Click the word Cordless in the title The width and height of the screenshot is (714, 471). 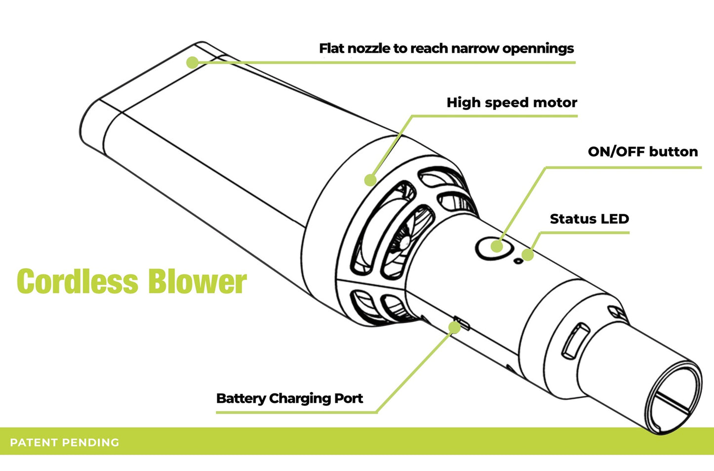click(77, 282)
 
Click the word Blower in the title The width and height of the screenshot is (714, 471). click(197, 282)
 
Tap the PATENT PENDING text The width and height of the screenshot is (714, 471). click(65, 442)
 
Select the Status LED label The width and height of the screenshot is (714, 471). click(589, 219)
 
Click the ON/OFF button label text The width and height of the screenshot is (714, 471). click(642, 152)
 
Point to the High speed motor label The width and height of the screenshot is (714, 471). click(511, 103)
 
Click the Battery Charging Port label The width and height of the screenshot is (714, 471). click(290, 398)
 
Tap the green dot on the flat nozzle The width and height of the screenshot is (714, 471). click(192, 62)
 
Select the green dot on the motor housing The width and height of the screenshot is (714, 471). click(370, 180)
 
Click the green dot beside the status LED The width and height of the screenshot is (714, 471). click(528, 255)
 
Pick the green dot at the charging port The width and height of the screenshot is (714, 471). click(454, 327)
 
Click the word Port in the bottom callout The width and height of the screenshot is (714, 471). click(349, 398)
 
